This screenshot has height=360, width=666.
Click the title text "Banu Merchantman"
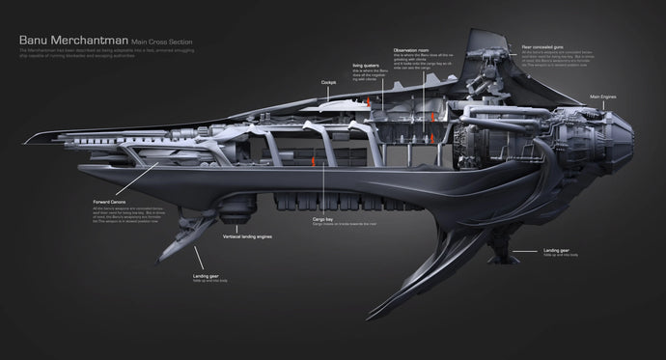[72, 42]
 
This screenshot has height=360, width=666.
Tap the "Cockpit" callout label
[329, 83]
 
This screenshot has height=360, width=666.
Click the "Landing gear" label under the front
[206, 275]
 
